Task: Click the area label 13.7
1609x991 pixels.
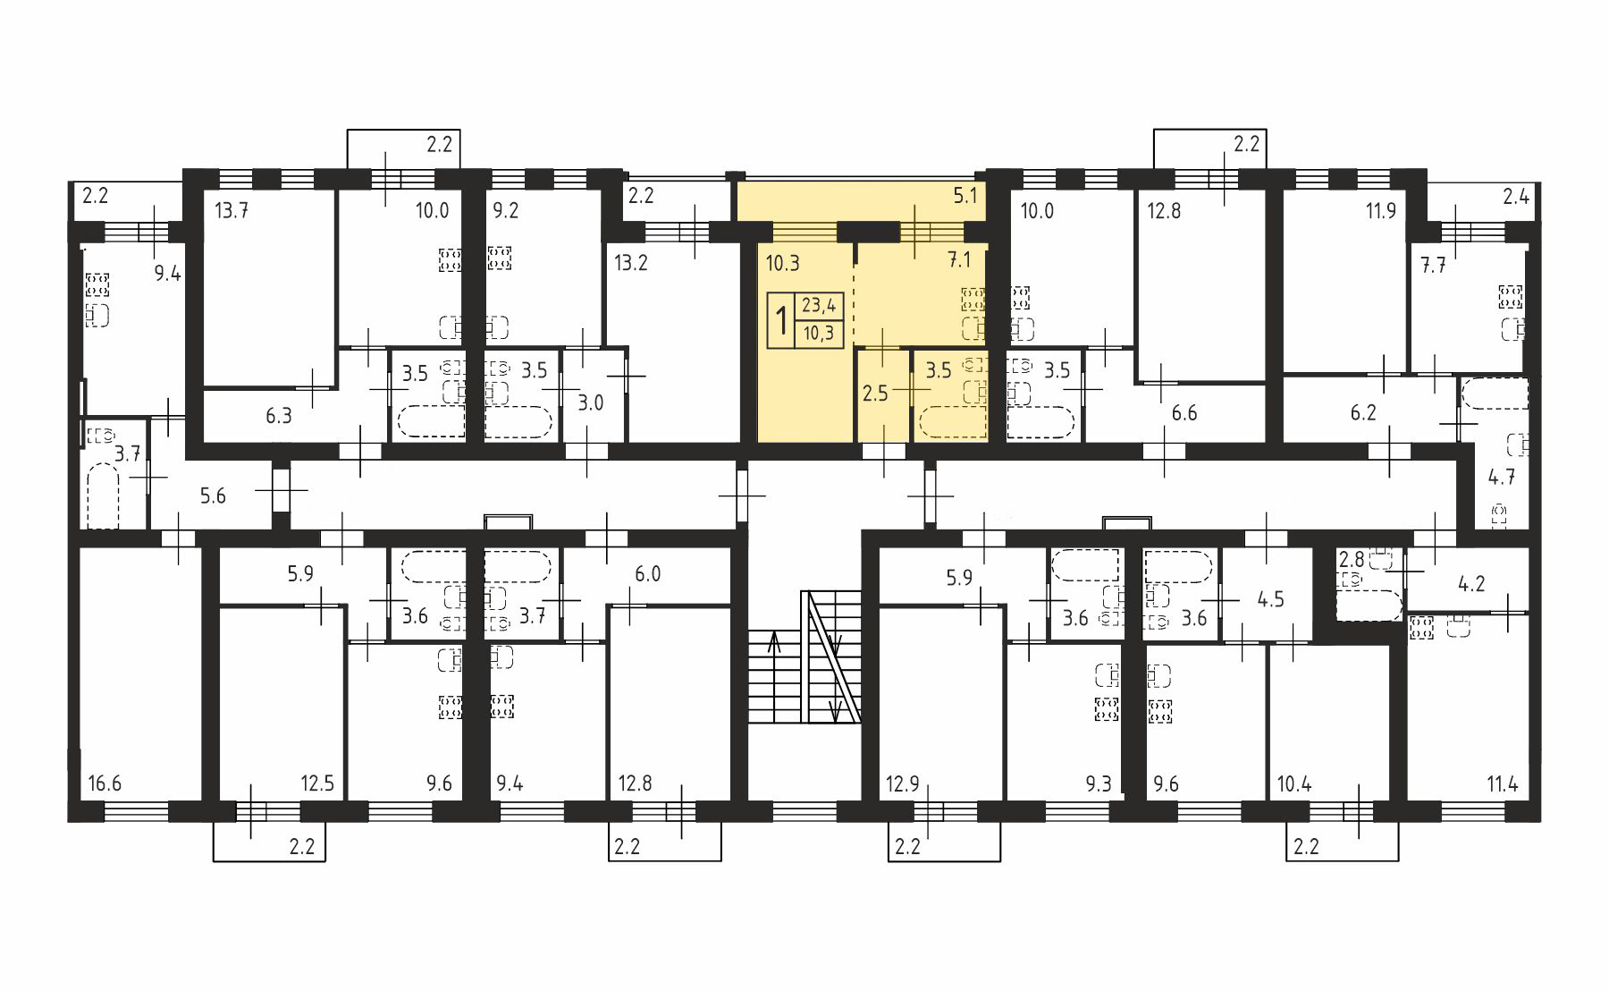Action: pos(232,211)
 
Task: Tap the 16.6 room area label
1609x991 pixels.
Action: pos(105,784)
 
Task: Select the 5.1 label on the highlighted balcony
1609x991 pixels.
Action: pos(965,195)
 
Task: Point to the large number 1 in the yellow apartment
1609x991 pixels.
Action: pos(780,320)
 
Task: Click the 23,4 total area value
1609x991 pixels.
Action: pos(819,306)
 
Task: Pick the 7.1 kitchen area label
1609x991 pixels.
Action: pos(959,260)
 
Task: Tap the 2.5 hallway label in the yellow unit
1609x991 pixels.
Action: pos(875,393)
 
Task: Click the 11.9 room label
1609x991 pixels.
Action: pos(1381,212)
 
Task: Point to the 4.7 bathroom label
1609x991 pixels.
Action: pos(1501,477)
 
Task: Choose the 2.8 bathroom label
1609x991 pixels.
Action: pos(1351,560)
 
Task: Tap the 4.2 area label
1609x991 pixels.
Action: pos(1471,584)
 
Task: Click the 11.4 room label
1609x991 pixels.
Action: pos(1503,784)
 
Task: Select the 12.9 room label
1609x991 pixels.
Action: pos(903,784)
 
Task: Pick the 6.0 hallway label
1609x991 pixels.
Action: pos(647,573)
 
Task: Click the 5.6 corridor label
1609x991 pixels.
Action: pos(213,496)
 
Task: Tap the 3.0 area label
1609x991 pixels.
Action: pos(591,402)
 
